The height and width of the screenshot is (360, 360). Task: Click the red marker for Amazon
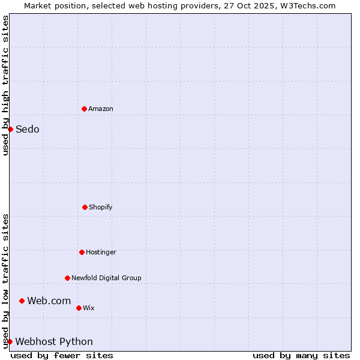pos(84,109)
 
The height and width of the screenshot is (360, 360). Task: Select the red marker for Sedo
pos(10,129)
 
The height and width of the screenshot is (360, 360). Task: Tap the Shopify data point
pos(85,207)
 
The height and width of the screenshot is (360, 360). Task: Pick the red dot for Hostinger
pos(82,252)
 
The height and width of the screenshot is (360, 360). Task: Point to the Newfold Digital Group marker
pos(67,278)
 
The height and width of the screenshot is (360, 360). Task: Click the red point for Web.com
pos(22,301)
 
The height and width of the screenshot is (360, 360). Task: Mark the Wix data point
pos(79,308)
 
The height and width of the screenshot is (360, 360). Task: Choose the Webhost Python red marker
pos(10,341)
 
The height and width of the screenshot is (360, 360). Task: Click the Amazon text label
pos(101,109)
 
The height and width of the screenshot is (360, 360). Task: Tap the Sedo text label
pos(28,129)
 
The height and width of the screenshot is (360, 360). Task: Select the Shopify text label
pos(101,207)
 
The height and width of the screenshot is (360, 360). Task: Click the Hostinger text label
pos(101,252)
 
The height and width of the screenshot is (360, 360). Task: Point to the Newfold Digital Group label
pos(106,278)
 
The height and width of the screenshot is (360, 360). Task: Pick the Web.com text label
pos(49,301)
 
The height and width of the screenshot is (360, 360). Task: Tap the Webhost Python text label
pos(54,341)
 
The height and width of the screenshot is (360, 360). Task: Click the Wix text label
pos(89,308)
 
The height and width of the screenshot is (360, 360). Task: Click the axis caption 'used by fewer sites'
pos(62,355)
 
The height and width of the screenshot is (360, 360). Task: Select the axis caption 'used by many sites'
pos(301,355)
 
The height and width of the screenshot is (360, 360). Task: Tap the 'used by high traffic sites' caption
pos(5,85)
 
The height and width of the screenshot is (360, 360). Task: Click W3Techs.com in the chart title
pos(306,5)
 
